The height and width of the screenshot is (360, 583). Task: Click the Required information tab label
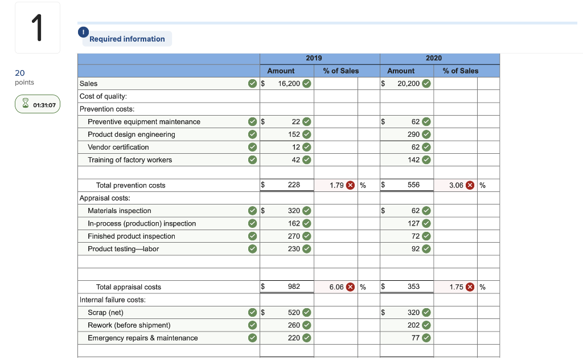pos(127,39)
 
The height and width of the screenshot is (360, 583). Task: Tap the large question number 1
pos(38,28)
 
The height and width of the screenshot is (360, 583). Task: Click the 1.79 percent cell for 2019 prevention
pos(337,185)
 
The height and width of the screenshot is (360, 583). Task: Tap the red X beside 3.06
pos(471,185)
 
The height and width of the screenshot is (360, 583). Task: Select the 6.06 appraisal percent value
pos(337,287)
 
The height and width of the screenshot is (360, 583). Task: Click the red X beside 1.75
pos(471,287)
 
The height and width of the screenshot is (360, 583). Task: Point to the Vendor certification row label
pos(118,147)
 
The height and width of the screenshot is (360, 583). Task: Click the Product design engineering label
pos(132,134)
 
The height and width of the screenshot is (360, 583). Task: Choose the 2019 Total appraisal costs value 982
pos(294,287)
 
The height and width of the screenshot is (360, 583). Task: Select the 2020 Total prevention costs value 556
pos(413,185)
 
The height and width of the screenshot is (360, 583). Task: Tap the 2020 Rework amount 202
pos(413,325)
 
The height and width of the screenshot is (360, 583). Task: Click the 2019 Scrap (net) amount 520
pos(294,313)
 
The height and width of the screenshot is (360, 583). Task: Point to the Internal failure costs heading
pos(113,300)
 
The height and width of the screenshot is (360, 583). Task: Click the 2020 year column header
pos(433,58)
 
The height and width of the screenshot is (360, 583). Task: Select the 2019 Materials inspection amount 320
pos(294,211)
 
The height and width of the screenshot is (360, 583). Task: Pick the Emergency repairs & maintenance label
pos(143,338)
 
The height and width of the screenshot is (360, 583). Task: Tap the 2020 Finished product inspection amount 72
pos(416,236)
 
